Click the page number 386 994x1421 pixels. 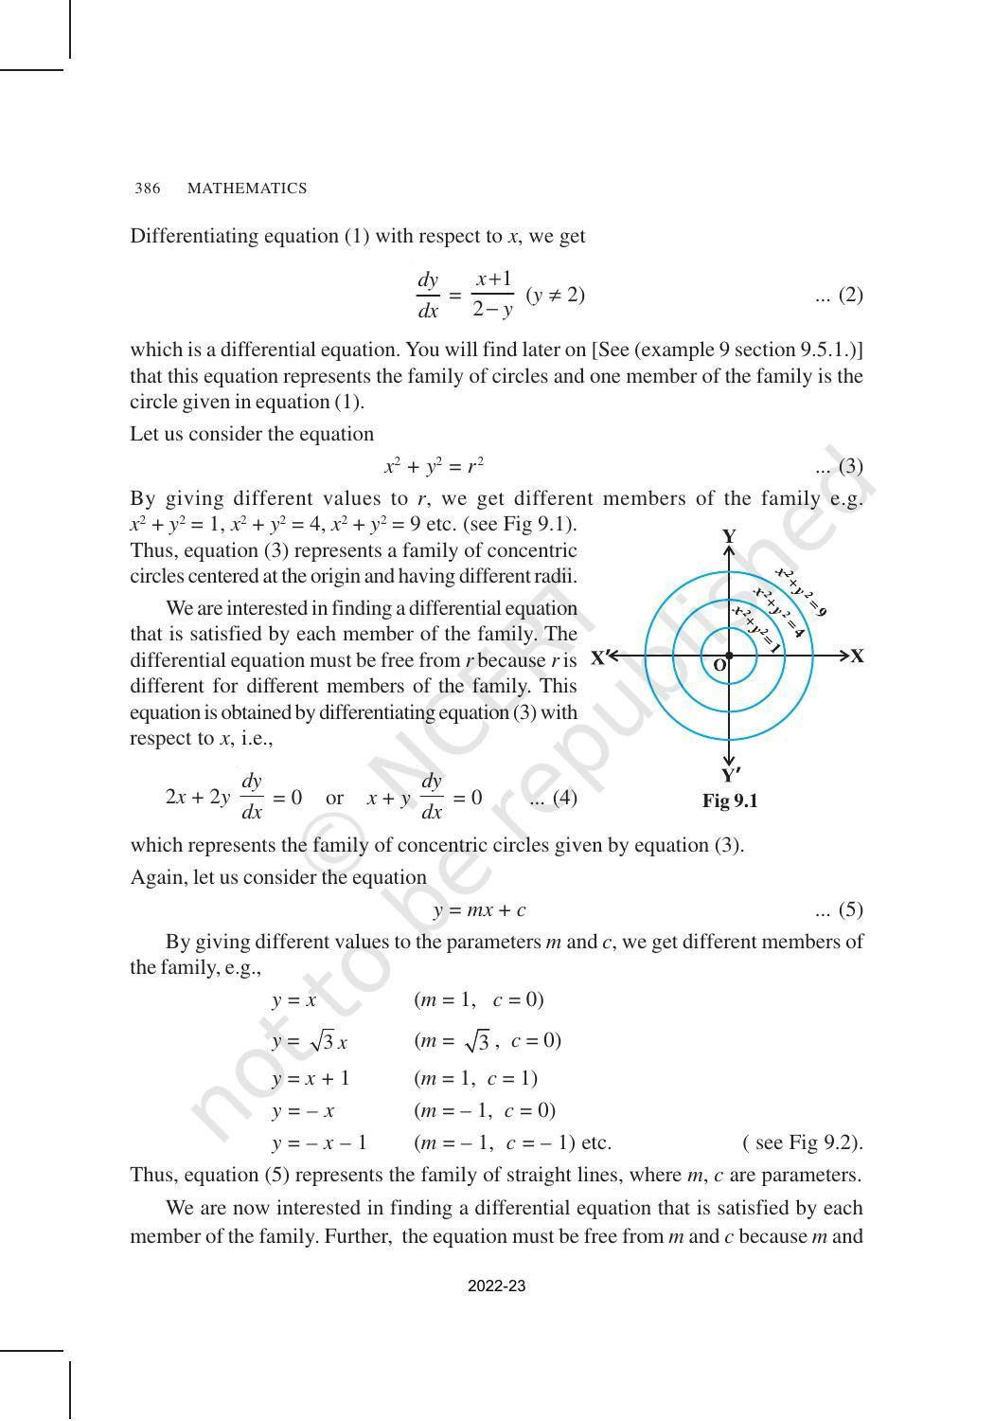(x=147, y=189)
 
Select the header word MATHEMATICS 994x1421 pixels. (x=247, y=189)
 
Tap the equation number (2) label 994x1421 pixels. (x=839, y=296)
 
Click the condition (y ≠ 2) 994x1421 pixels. (x=556, y=296)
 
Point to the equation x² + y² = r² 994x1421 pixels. (x=435, y=466)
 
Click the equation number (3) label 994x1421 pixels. (x=839, y=466)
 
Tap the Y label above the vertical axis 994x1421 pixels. (x=729, y=536)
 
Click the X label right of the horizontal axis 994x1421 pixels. (x=857, y=657)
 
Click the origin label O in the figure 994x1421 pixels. (x=719, y=666)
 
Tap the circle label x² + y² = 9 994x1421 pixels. (x=801, y=592)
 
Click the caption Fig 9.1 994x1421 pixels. (x=730, y=801)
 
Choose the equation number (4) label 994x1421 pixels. (x=554, y=798)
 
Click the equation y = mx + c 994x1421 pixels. (x=480, y=910)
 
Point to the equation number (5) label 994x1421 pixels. (x=839, y=910)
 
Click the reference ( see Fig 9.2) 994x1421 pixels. (x=803, y=1142)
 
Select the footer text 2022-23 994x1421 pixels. (x=497, y=1286)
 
